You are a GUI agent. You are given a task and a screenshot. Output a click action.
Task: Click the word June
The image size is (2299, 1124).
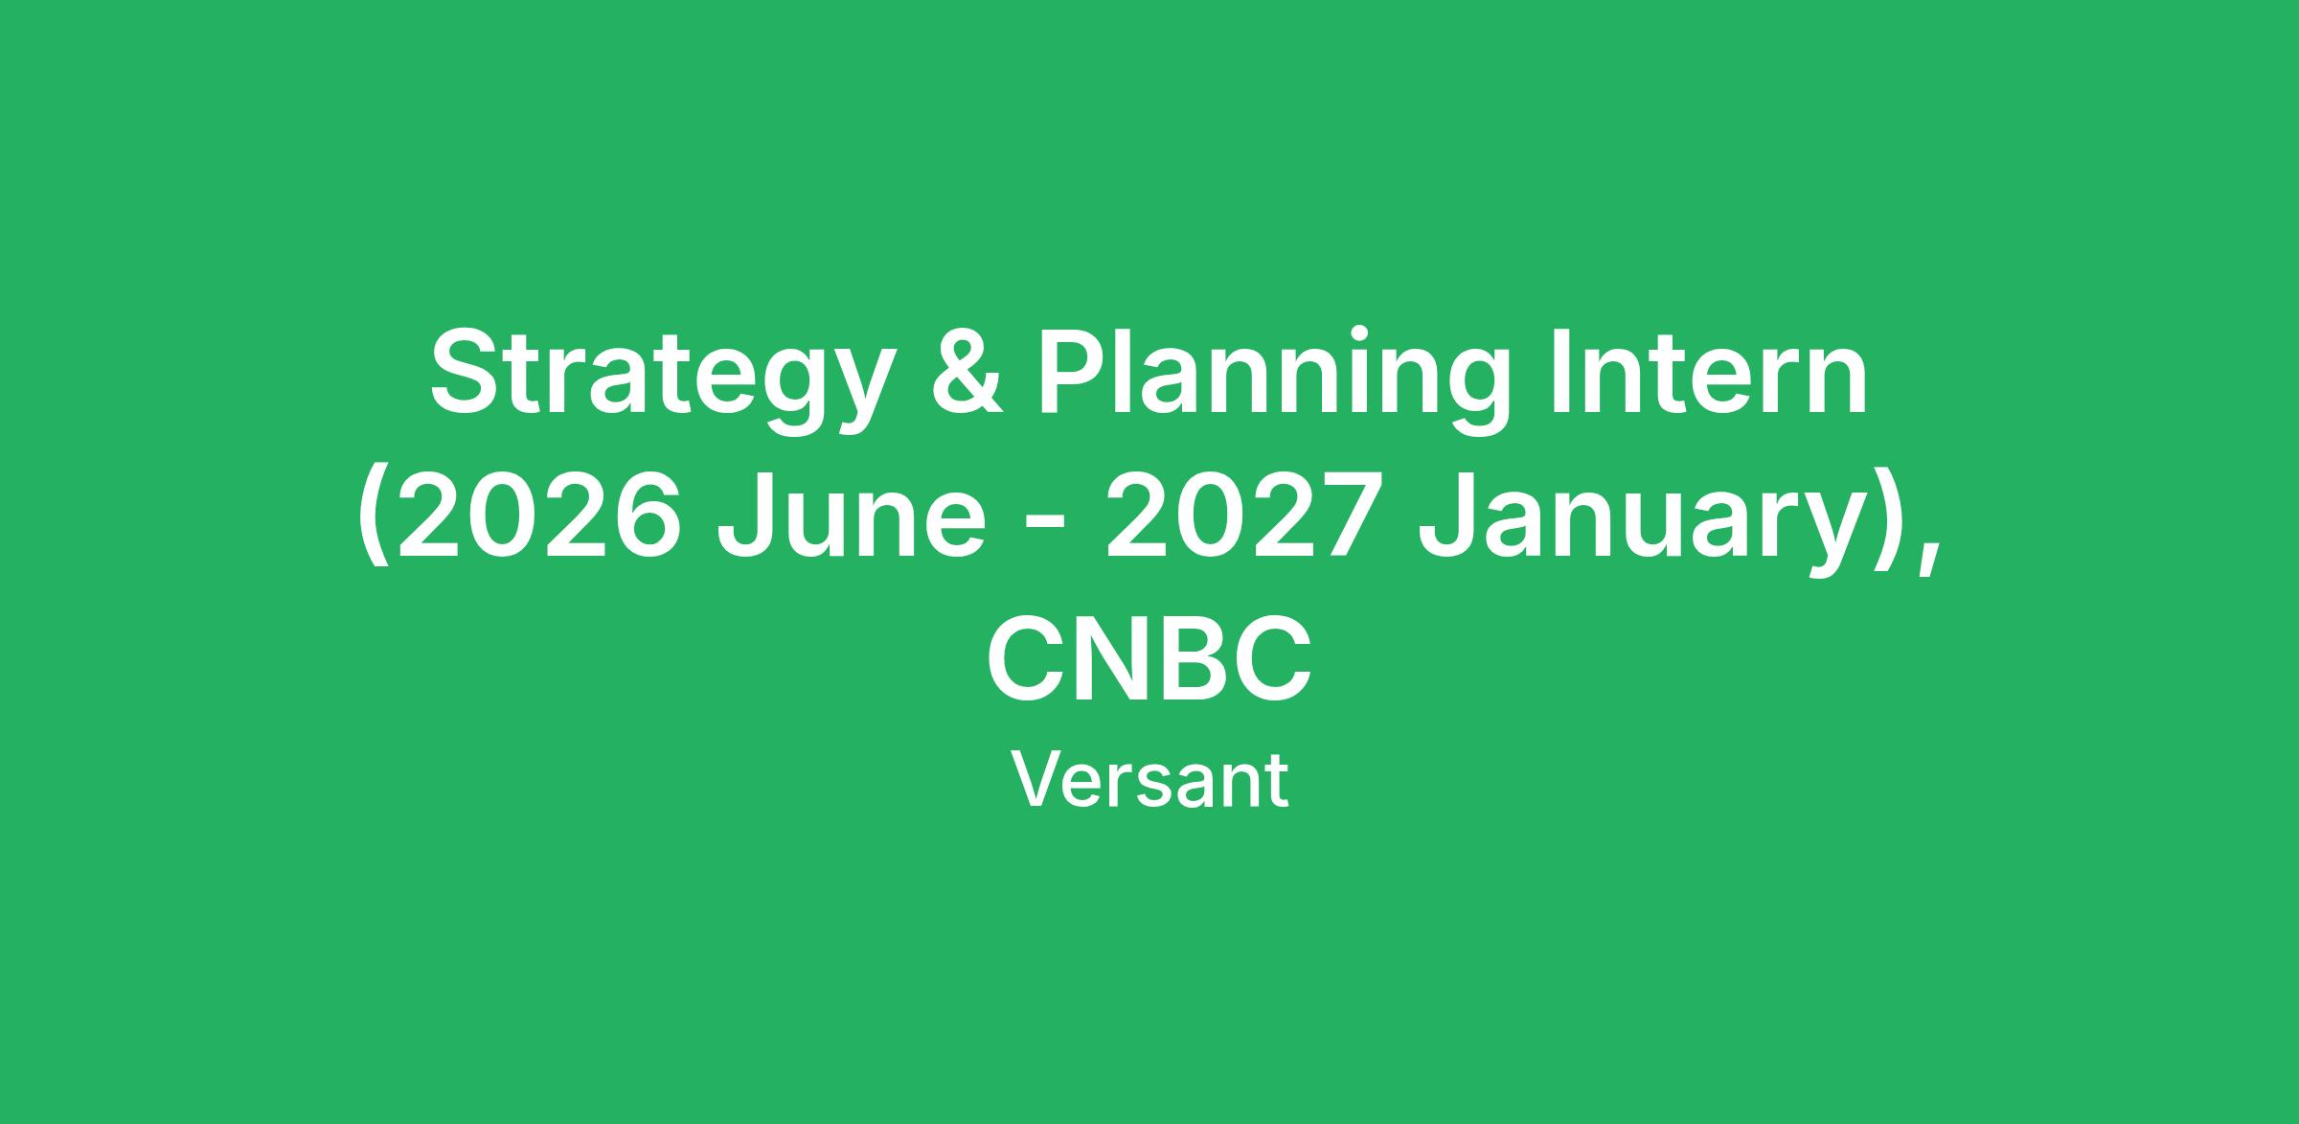[851, 516]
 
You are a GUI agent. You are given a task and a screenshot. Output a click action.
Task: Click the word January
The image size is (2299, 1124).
[1647, 523]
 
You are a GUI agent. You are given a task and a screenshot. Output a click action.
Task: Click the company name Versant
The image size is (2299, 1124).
[1149, 781]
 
